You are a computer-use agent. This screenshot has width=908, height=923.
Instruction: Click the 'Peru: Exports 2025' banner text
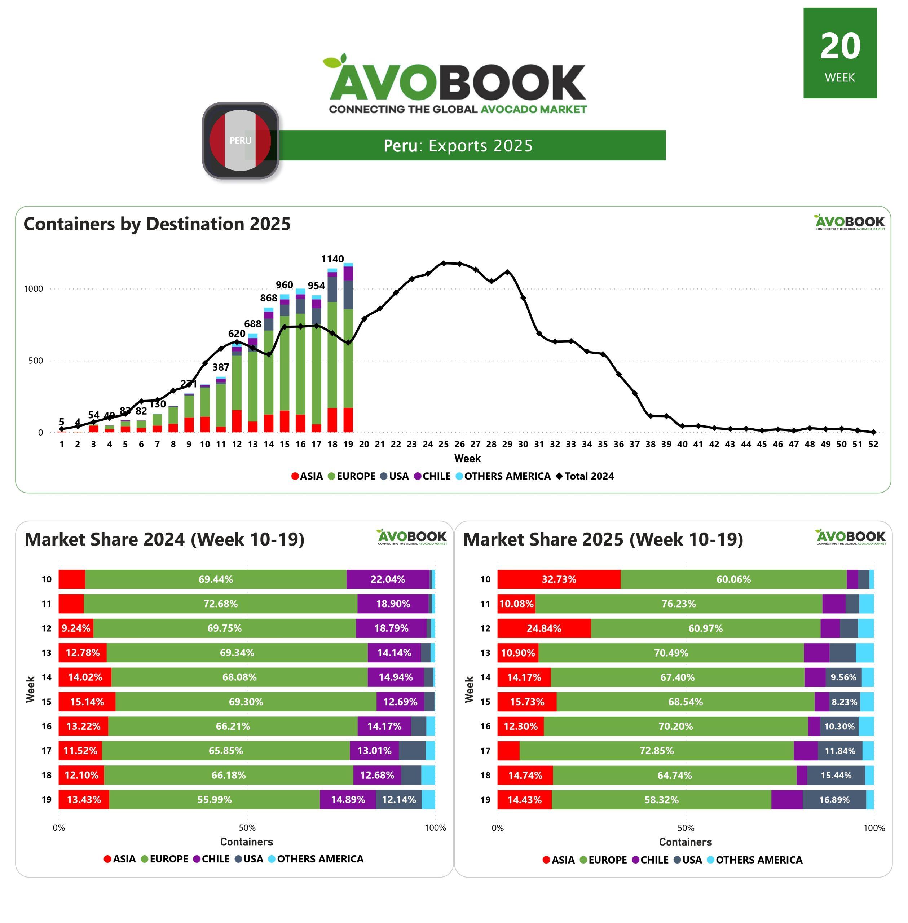tap(458, 145)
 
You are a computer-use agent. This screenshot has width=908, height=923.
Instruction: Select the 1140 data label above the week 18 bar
tap(332, 259)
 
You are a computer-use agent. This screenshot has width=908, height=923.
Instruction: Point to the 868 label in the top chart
tap(269, 298)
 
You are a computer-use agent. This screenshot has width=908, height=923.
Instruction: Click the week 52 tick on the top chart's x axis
tap(873, 444)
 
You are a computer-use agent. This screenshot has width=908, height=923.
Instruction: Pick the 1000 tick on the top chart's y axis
tap(34, 288)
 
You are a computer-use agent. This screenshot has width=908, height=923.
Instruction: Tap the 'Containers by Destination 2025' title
tap(157, 224)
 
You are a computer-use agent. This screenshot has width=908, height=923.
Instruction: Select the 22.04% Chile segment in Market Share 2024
tap(388, 579)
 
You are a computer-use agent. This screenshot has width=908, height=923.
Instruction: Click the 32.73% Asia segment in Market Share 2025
tap(559, 579)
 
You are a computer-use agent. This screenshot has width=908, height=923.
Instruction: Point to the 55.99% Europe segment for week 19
tap(214, 800)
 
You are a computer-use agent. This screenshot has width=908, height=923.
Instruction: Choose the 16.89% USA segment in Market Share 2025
tap(834, 800)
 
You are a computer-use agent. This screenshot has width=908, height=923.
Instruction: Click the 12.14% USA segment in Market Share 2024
tap(399, 800)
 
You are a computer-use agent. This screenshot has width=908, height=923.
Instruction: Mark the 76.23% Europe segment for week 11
tap(678, 604)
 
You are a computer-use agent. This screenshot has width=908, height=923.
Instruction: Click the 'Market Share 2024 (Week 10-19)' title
tap(164, 539)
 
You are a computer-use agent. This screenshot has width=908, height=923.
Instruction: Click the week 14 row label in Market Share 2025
tap(485, 677)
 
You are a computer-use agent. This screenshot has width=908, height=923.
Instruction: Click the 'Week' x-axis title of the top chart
tap(467, 458)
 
